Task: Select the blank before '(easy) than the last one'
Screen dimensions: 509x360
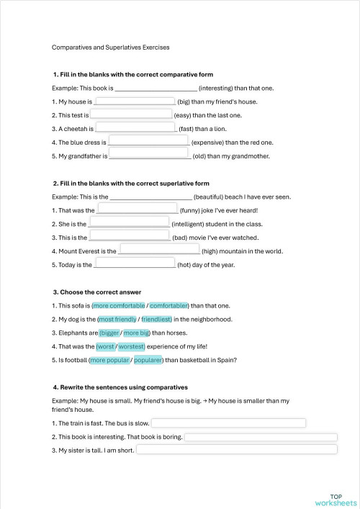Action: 131,114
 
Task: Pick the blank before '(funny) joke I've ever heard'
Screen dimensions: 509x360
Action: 137,209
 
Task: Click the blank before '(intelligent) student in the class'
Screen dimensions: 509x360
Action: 133,222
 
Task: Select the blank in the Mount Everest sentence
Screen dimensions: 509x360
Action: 158,250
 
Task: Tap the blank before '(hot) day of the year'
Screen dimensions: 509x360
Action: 135,263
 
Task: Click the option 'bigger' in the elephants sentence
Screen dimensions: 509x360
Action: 109,333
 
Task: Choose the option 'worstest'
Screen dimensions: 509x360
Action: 132,346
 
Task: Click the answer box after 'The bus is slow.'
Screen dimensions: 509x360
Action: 228,423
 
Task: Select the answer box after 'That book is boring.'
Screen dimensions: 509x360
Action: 261,436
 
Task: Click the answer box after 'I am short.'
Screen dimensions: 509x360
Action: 236,450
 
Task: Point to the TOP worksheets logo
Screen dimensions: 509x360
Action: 335,499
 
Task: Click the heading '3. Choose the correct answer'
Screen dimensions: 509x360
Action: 97,292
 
